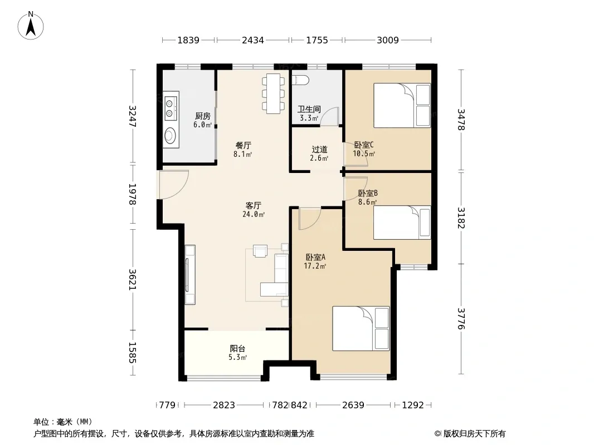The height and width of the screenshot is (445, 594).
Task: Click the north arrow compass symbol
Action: click(x=31, y=26)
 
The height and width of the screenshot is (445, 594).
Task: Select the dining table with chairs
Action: click(x=273, y=93)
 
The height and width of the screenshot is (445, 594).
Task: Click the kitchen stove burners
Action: click(x=171, y=108)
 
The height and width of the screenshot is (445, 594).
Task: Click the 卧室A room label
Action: click(x=315, y=258)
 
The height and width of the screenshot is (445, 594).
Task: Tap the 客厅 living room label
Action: click(x=253, y=206)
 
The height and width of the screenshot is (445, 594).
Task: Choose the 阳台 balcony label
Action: click(x=237, y=349)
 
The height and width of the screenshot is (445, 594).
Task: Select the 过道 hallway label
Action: click(x=319, y=149)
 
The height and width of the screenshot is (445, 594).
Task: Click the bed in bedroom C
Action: click(x=402, y=105)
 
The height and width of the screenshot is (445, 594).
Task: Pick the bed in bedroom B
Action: click(x=402, y=222)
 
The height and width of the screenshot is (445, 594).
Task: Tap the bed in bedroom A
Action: click(x=361, y=328)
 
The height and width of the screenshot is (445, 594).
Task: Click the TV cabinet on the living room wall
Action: click(x=190, y=275)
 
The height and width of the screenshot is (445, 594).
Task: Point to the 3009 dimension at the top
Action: click(x=387, y=40)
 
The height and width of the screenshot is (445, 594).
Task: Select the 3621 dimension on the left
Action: click(x=132, y=279)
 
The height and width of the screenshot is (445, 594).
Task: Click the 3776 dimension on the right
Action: click(x=461, y=318)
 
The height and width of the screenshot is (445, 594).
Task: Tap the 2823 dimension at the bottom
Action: click(x=224, y=406)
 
